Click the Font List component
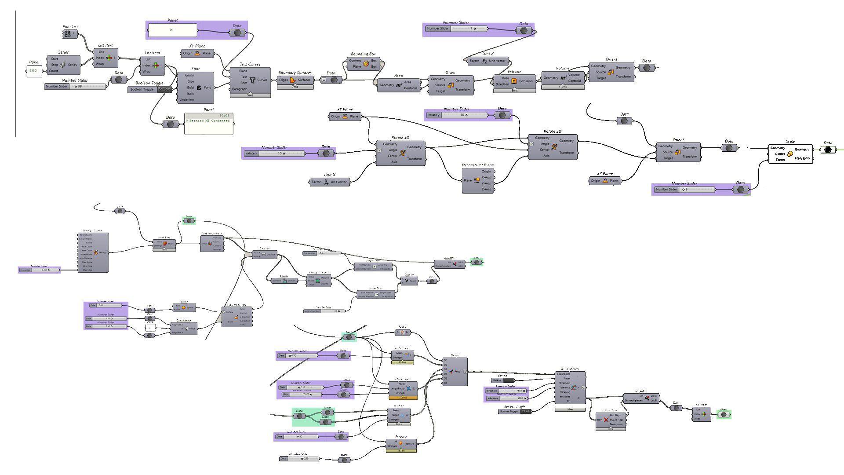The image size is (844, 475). (69, 34)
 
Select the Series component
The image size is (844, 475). (63, 65)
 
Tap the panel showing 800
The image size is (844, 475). (34, 70)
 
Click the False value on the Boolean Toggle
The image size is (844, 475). (164, 89)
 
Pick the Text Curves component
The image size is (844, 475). (252, 80)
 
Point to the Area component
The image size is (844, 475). (399, 85)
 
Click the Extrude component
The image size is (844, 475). (514, 81)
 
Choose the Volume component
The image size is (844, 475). (563, 78)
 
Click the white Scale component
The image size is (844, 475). (790, 154)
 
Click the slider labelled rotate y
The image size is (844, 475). (457, 115)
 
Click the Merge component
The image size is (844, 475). (455, 372)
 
